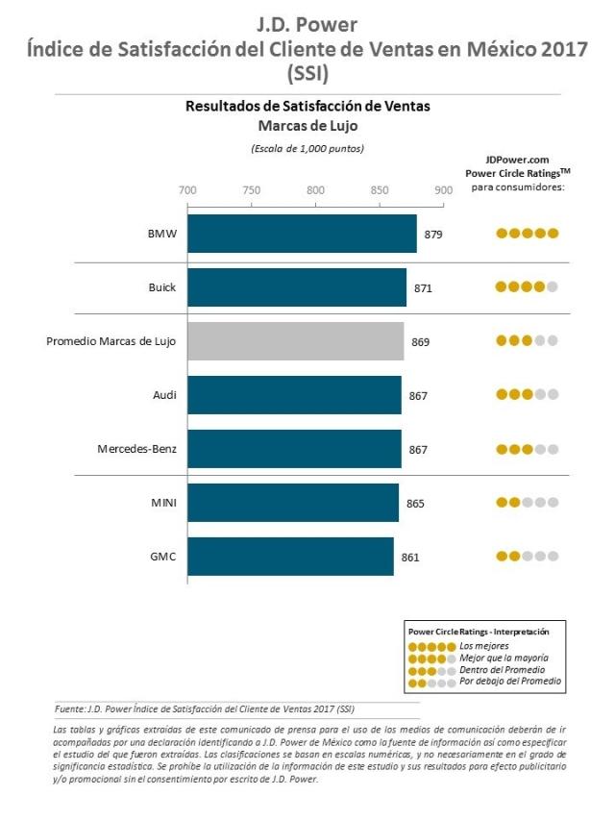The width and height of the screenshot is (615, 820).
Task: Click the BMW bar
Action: click(302, 234)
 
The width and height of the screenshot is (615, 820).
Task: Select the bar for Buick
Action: click(297, 287)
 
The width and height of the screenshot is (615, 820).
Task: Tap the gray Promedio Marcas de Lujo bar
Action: click(295, 341)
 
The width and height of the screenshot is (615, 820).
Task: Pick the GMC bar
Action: click(290, 557)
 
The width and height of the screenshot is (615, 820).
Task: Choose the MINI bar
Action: click(293, 503)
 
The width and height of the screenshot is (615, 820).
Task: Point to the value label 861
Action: click(410, 557)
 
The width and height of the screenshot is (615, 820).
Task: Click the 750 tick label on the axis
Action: click(252, 189)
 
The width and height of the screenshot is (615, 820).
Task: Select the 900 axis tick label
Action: click(443, 189)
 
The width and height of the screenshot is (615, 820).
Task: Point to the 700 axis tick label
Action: click(187, 189)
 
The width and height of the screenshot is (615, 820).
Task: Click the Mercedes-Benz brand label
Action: click(137, 449)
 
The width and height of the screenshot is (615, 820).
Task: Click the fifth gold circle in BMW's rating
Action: click(553, 233)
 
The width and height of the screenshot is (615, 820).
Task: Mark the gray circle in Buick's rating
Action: click(553, 286)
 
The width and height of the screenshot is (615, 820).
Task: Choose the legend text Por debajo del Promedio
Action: click(510, 681)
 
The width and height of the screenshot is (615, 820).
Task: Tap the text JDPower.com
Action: click(517, 160)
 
